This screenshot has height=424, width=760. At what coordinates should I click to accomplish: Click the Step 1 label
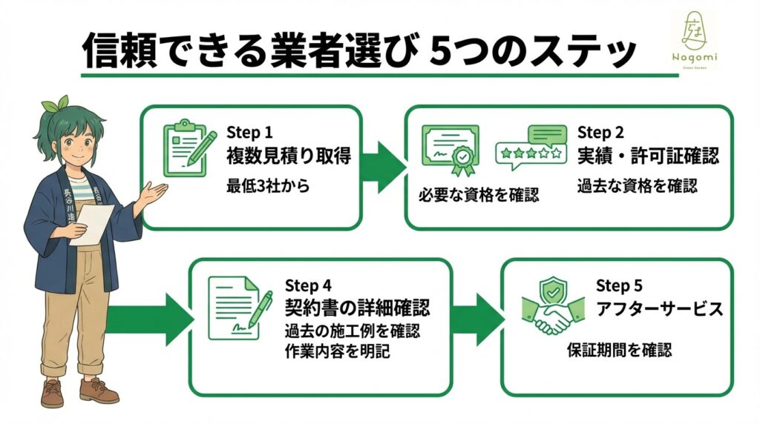[249, 133]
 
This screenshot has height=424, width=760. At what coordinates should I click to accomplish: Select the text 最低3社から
[268, 186]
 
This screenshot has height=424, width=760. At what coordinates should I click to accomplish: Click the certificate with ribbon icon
[451, 150]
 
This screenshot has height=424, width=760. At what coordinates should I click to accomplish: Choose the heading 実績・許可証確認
[648, 157]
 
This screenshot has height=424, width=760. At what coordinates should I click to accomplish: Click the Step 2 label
[600, 133]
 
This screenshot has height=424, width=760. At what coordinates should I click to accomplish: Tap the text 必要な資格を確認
[479, 196]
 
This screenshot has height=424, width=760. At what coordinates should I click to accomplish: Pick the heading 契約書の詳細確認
[358, 308]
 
